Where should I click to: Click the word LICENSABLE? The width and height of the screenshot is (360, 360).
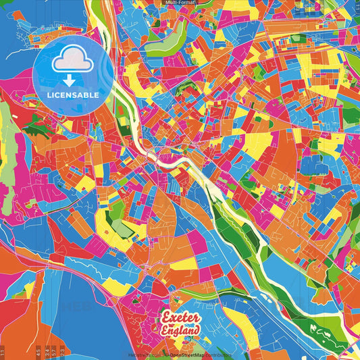point(73,95)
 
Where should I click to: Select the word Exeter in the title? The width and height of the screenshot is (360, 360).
point(180,318)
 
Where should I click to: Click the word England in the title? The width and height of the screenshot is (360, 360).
point(180,331)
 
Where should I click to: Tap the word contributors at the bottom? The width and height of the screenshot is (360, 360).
point(218,354)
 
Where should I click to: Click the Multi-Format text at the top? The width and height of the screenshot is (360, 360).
point(179,3)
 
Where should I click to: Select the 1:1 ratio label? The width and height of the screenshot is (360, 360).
point(3,352)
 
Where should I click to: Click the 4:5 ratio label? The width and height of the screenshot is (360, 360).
point(38,351)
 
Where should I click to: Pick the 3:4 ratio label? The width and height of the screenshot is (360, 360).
point(47,351)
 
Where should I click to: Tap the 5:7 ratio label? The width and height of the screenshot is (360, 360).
point(55,351)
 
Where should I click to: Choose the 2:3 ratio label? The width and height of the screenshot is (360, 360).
point(63,351)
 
